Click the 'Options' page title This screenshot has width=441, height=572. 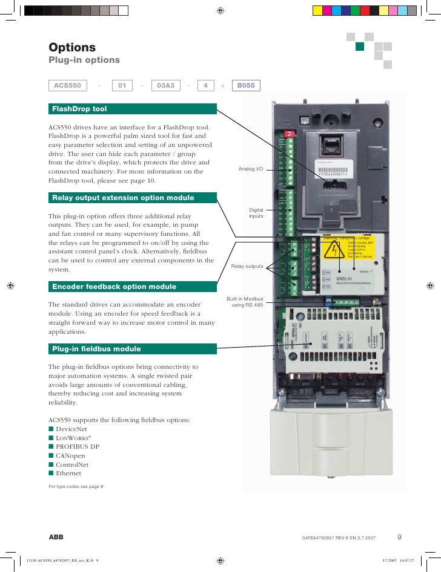[x=72, y=47]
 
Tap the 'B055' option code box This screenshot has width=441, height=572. [x=246, y=86]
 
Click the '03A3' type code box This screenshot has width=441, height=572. [x=165, y=86]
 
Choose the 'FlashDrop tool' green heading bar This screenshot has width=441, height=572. [x=133, y=109]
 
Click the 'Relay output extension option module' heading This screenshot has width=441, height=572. [x=133, y=198]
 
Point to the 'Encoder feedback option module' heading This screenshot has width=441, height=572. [x=133, y=287]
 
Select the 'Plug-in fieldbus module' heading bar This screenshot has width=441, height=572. [x=133, y=349]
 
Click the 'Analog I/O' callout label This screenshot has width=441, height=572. [x=251, y=169]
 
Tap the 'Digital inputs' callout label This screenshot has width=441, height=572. [x=256, y=213]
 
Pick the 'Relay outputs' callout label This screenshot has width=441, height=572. [x=247, y=266]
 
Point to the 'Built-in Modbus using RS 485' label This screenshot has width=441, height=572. [x=245, y=302]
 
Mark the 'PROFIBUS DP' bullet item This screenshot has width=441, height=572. [x=78, y=446]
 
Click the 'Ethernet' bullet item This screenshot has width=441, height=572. [x=68, y=473]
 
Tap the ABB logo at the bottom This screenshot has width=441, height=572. [x=56, y=536]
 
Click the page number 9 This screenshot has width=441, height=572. [x=400, y=536]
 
